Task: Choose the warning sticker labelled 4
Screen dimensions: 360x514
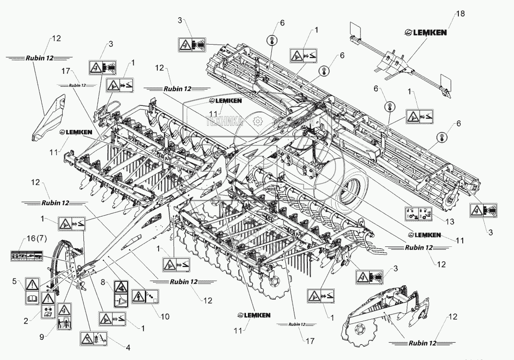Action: [x=93, y=338]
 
